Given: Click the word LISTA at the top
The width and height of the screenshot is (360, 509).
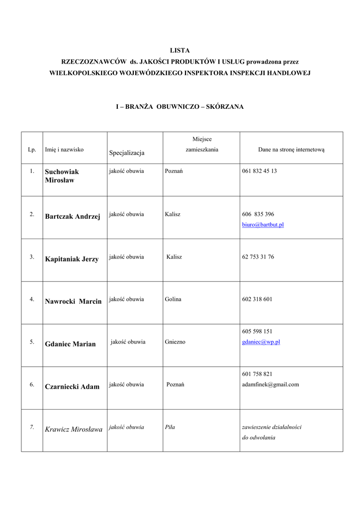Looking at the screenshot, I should pos(180,51).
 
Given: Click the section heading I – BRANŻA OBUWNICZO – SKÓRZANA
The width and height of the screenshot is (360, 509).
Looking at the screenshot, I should pos(180,107).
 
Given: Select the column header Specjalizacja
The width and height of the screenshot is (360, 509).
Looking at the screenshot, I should pos(127,152).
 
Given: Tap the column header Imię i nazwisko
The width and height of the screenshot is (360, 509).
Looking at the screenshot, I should pos(64,149).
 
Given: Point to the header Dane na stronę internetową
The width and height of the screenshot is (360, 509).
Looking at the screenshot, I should pos(291,149).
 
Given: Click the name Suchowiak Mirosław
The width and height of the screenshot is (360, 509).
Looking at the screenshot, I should pos(62,176).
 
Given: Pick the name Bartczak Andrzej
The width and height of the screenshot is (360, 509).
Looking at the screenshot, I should pos(73,216).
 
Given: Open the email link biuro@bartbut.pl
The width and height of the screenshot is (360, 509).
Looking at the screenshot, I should pos(263,225).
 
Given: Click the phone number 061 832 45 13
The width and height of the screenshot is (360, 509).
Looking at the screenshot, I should pos(259,171).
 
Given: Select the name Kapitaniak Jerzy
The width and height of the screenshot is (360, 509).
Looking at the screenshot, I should pos(72,259).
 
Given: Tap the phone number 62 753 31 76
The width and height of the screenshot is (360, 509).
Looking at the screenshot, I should pos(258,257).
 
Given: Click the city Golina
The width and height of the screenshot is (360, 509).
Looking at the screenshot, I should pos(173,299).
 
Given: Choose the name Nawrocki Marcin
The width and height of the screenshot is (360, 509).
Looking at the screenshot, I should pos(73,301).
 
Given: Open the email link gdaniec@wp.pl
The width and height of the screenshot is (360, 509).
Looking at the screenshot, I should pos(261,342).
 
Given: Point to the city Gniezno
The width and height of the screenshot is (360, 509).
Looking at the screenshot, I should pos(175,342).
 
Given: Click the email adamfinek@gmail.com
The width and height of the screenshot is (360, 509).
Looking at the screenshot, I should pos(270,384).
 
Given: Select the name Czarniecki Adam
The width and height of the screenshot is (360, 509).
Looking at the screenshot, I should pos(72,386).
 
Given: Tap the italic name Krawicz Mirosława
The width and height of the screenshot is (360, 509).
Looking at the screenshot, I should pos(74,429).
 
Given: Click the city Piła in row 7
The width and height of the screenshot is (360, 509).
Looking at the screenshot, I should pos(170,427).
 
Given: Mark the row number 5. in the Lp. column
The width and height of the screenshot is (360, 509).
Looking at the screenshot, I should pos(32,342).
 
